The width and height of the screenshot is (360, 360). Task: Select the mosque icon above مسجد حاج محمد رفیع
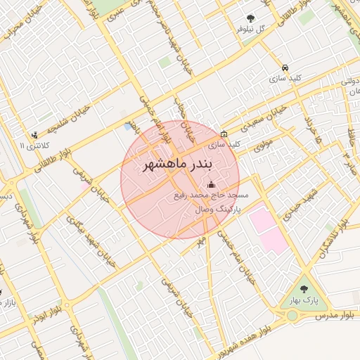point(212,184)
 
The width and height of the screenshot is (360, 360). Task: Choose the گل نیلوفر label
point(251,30)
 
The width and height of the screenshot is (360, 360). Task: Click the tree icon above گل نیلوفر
point(250,18)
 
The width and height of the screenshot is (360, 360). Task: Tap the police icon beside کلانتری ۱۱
point(34,135)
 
